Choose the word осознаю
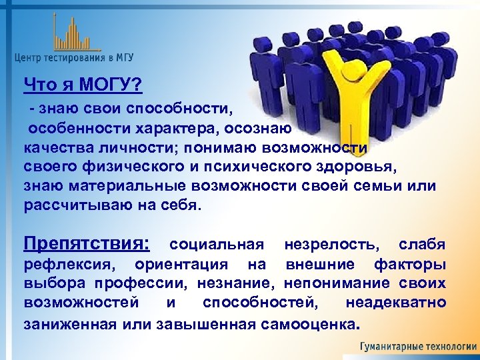[x=256, y=127]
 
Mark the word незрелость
[x=333, y=245]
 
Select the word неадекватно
[x=395, y=303]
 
